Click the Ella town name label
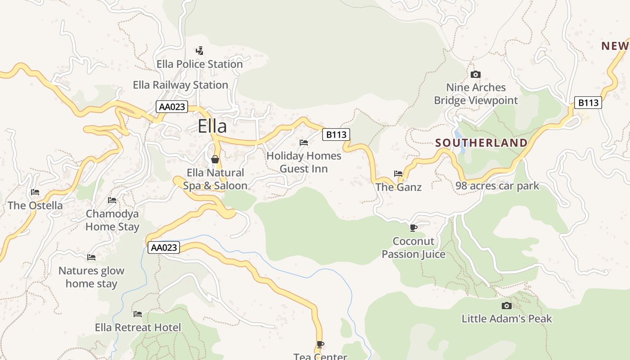212,126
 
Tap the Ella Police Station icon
199,50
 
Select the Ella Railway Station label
180,85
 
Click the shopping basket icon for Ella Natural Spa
215,159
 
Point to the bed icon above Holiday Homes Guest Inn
304,143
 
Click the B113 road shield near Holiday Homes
336,134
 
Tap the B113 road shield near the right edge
588,103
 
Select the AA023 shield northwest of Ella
171,107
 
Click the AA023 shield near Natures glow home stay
164,247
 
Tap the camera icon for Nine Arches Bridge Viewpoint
476,74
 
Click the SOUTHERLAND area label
481,143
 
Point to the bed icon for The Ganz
398,173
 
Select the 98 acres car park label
497,186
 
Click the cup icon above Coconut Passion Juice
413,228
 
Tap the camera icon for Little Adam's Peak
506,306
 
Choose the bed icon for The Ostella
35,192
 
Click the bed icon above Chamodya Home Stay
112,200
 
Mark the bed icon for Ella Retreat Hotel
138,314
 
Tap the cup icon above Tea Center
320,344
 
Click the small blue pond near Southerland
458,135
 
